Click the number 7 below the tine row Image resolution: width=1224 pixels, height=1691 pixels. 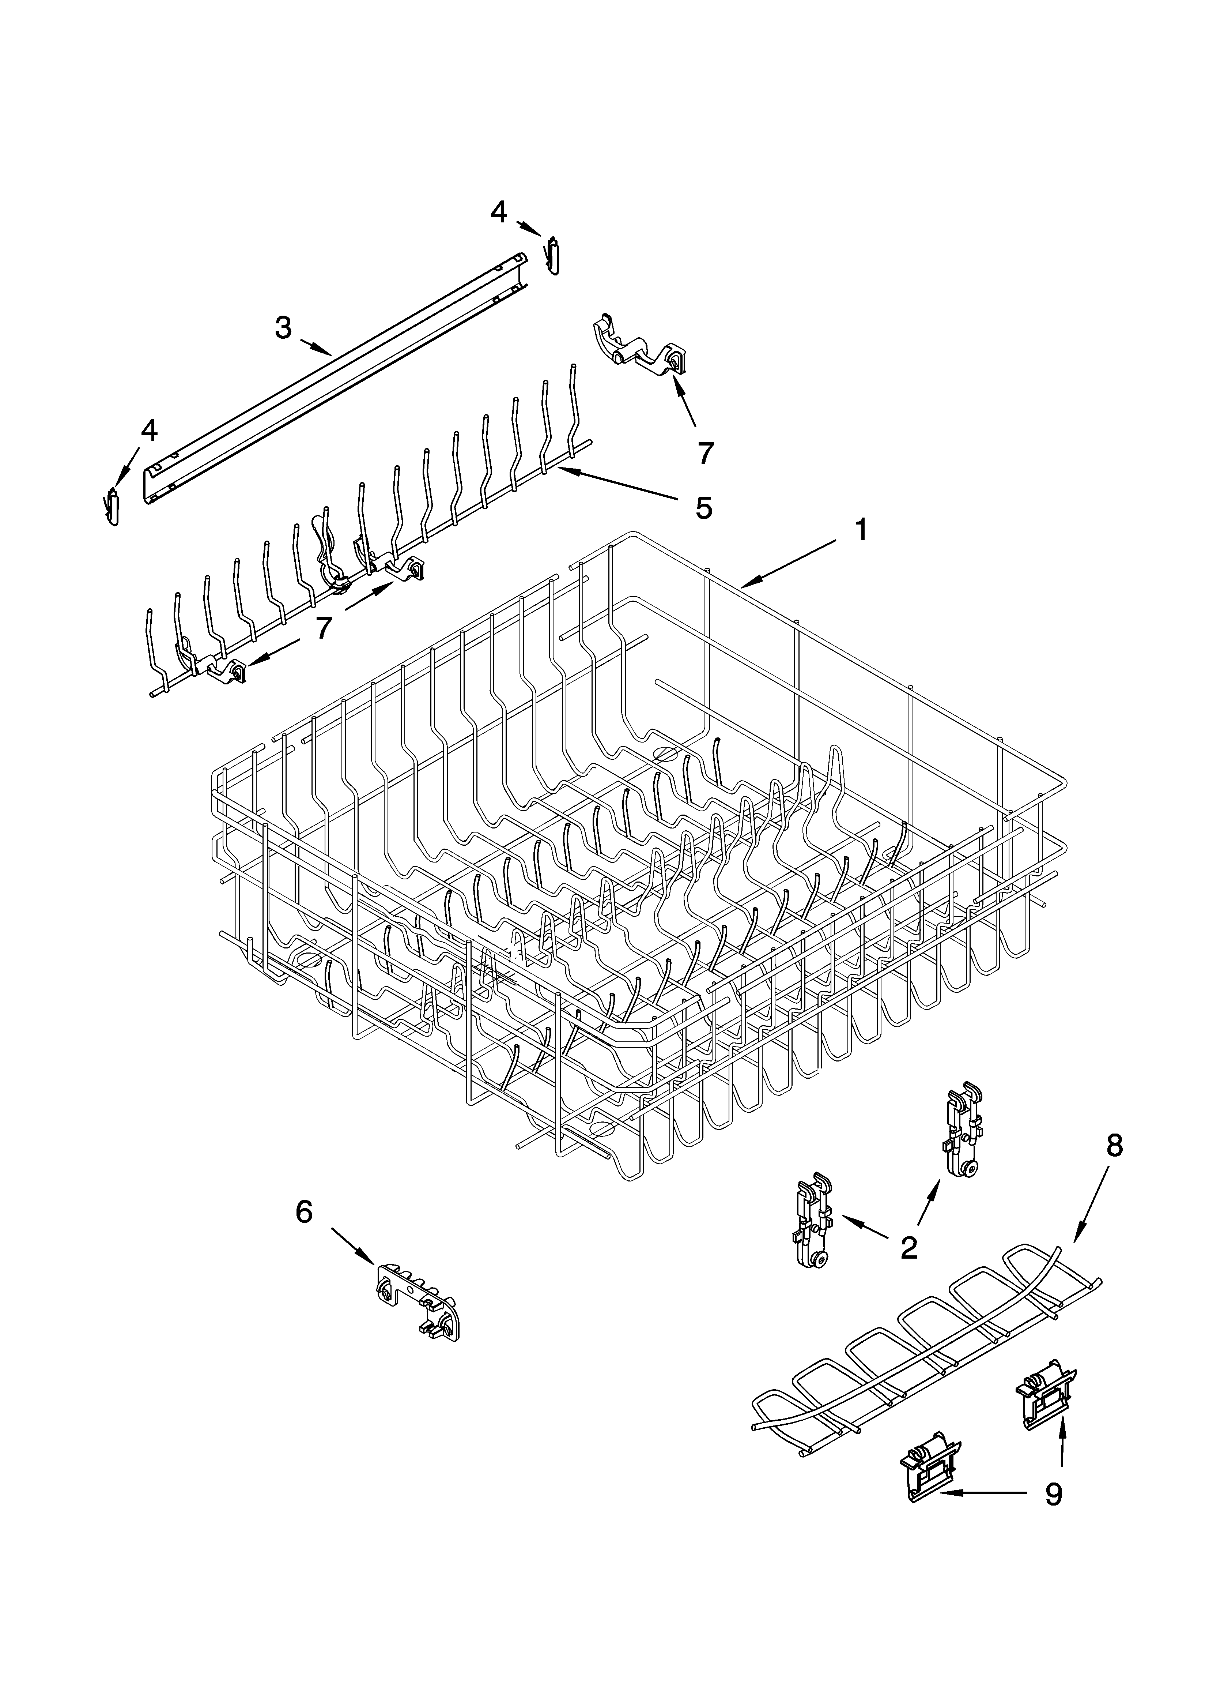pyautogui.click(x=322, y=628)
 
